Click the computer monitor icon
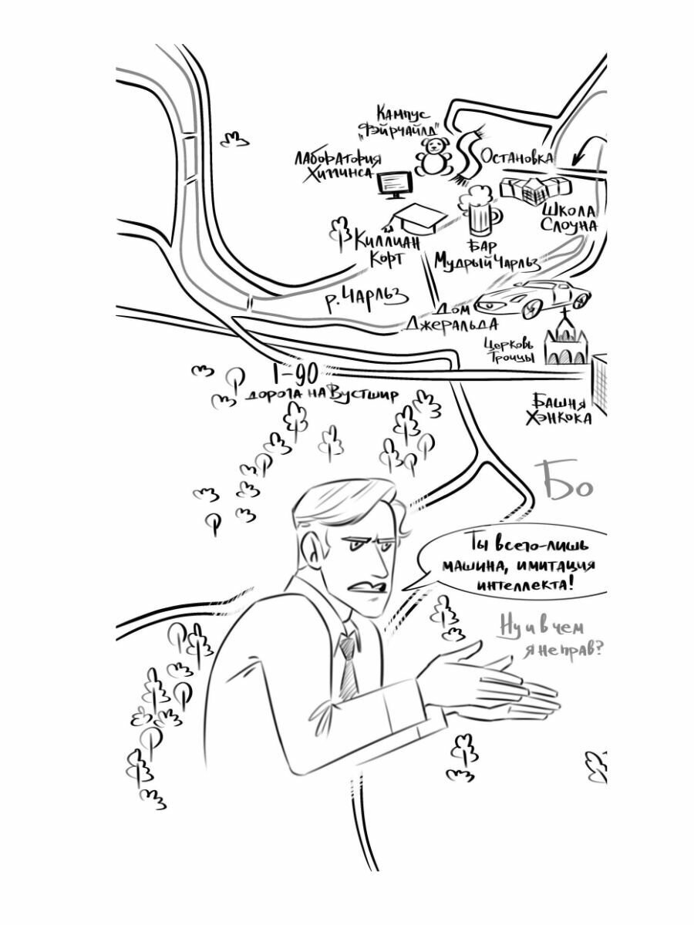click(x=395, y=184)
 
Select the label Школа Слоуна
click(x=569, y=217)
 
